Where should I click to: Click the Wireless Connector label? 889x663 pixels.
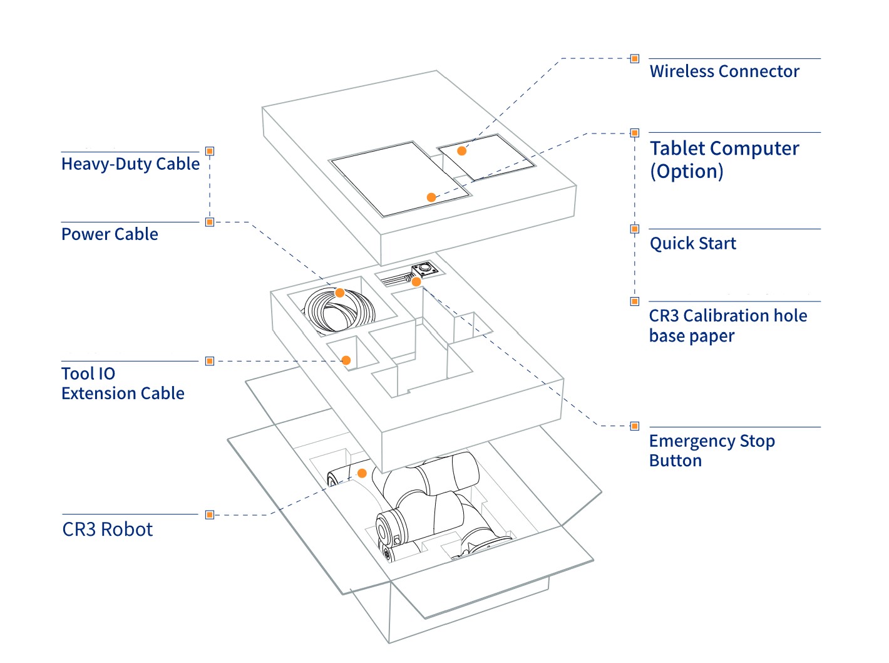pyautogui.click(x=724, y=71)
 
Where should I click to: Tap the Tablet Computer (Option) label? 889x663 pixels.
pyautogui.click(x=724, y=159)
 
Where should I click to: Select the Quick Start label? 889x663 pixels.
pyautogui.click(x=692, y=243)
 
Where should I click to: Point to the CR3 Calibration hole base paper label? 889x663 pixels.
pyautogui.click(x=727, y=325)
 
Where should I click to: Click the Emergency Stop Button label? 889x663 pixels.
pyautogui.click(x=711, y=451)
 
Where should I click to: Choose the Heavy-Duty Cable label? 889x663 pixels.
pyautogui.click(x=130, y=164)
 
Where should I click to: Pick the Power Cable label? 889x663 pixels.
pyautogui.click(x=110, y=234)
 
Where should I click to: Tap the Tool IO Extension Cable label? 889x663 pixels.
pyautogui.click(x=123, y=384)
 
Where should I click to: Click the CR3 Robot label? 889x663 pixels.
pyautogui.click(x=107, y=530)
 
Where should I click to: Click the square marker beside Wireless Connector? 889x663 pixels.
pyautogui.click(x=635, y=59)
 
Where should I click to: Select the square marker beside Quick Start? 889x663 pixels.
pyautogui.click(x=635, y=229)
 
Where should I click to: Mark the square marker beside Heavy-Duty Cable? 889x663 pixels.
pyautogui.click(x=210, y=151)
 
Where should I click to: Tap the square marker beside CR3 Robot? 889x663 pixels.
pyautogui.click(x=210, y=514)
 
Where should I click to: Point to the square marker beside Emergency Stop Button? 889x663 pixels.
pyautogui.click(x=635, y=426)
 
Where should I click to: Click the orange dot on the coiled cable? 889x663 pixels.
pyautogui.click(x=340, y=293)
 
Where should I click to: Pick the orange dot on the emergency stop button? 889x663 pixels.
pyautogui.click(x=416, y=282)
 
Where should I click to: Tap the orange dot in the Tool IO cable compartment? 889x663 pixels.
pyautogui.click(x=346, y=360)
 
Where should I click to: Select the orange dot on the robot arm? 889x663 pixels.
pyautogui.click(x=362, y=473)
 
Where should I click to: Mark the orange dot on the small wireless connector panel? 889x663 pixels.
pyautogui.click(x=461, y=151)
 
